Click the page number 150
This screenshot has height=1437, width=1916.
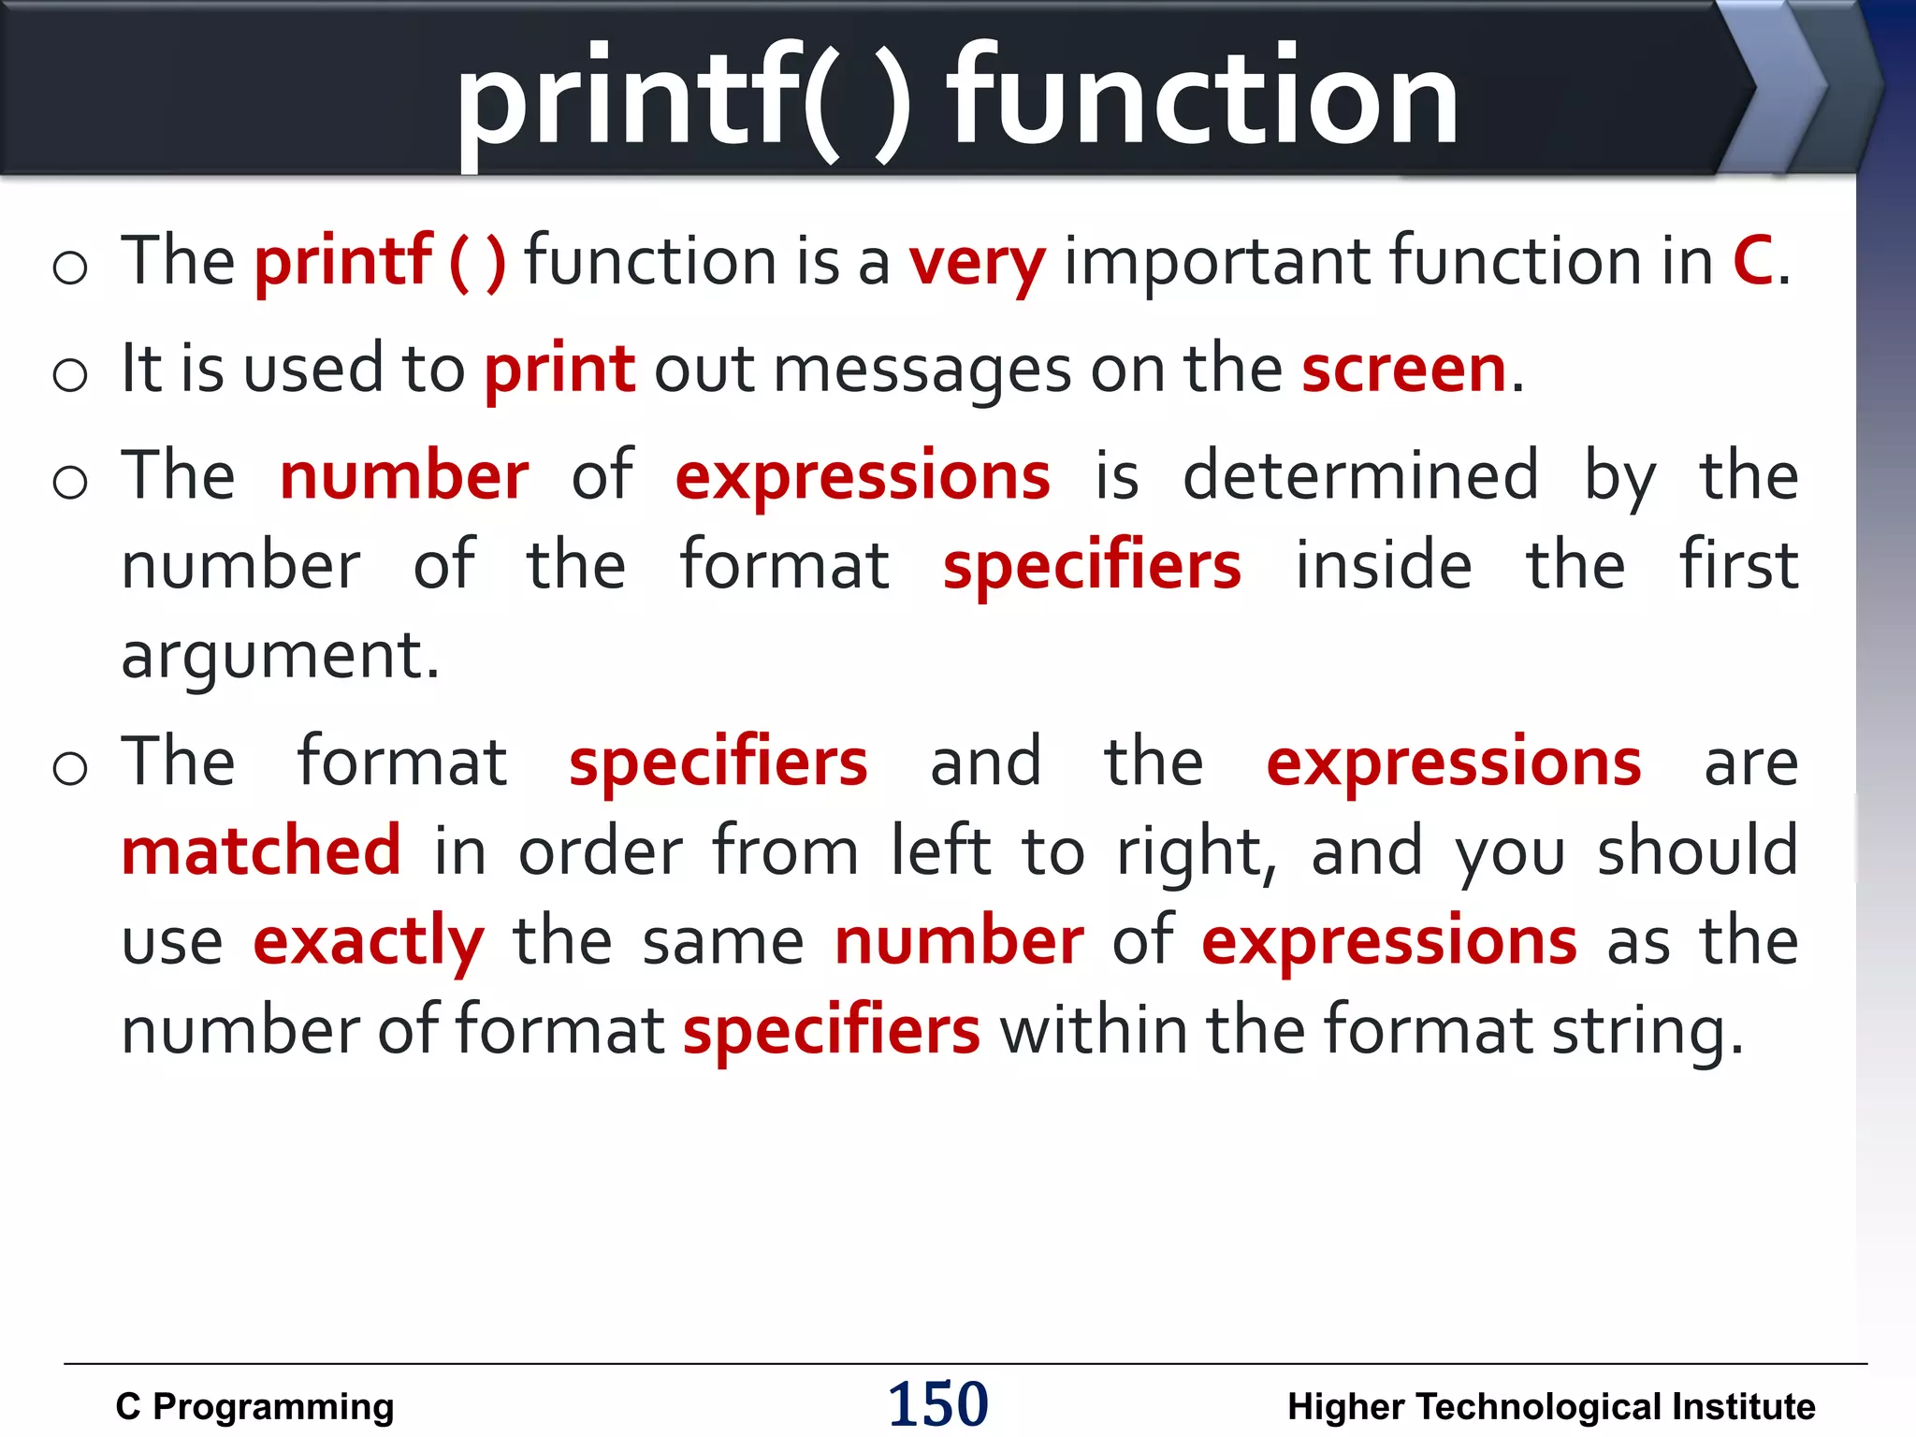pyautogui.click(x=937, y=1403)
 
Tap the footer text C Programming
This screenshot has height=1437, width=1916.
pyautogui.click(x=254, y=1406)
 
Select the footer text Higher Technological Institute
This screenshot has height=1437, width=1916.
pyautogui.click(x=1551, y=1406)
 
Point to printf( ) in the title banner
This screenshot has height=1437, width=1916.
pyautogui.click(x=683, y=98)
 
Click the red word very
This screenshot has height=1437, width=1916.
pyautogui.click(x=977, y=263)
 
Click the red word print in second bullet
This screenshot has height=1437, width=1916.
pyautogui.click(x=559, y=370)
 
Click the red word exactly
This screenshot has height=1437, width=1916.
pyautogui.click(x=369, y=941)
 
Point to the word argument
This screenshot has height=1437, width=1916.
pyautogui.click(x=280, y=656)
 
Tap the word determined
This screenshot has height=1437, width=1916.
pyautogui.click(x=1360, y=475)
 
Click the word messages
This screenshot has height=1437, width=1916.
pyautogui.click(x=922, y=370)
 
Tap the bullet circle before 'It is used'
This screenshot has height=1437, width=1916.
pyautogui.click(x=70, y=374)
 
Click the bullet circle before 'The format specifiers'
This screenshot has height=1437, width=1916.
pyautogui.click(x=70, y=767)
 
